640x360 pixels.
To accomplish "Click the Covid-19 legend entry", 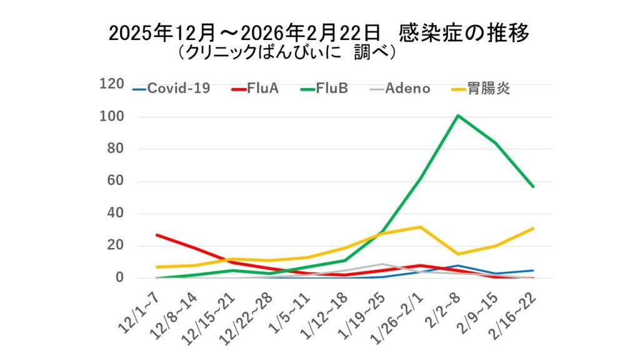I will click(x=171, y=89).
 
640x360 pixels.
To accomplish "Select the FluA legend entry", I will click(x=254, y=89).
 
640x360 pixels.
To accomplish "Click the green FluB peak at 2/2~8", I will click(x=458, y=116).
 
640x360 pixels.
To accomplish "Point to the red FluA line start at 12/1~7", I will click(x=156, y=235).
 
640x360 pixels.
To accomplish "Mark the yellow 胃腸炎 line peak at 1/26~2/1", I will click(x=421, y=227).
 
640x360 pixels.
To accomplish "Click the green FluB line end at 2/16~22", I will click(x=533, y=186).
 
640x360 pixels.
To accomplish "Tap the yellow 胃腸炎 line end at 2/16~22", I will click(x=533, y=228).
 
